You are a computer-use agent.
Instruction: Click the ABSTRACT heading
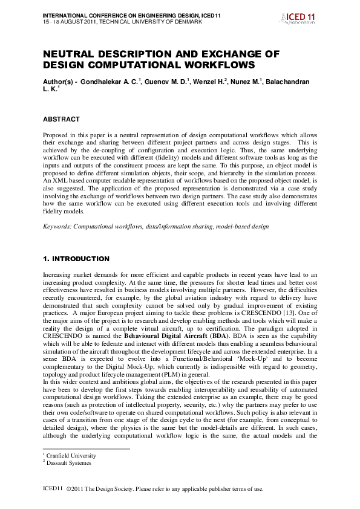pyautogui.click(x=61, y=119)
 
